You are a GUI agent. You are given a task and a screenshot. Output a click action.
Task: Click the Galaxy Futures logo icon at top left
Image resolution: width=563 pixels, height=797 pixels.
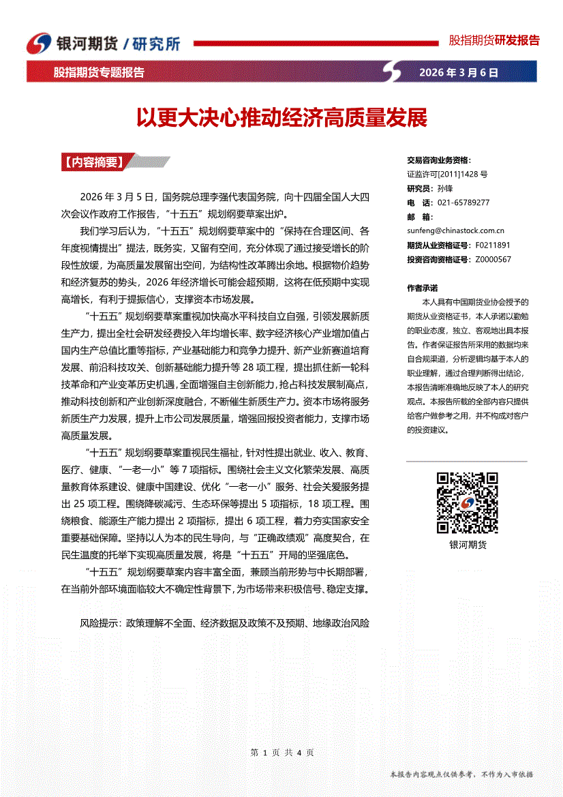click(x=38, y=43)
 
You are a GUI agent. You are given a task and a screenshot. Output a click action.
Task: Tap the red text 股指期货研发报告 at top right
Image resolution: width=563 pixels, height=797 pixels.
click(x=493, y=40)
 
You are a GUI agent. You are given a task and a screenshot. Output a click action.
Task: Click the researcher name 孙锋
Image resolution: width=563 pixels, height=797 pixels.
click(x=445, y=188)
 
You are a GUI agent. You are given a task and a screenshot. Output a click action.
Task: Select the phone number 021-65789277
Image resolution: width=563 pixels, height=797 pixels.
click(x=463, y=202)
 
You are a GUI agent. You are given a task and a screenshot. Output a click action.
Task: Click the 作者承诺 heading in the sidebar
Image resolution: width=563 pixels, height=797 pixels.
click(x=422, y=288)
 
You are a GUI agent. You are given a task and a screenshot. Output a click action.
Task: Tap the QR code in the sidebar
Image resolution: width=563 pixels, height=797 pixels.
click(x=467, y=503)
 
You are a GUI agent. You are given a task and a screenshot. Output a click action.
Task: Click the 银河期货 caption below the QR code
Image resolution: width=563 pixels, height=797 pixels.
click(x=468, y=545)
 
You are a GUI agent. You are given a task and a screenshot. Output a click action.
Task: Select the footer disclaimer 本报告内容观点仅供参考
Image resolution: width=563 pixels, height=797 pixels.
click(x=432, y=775)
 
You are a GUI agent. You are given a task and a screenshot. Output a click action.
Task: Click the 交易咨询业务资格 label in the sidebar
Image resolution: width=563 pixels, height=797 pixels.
click(x=438, y=160)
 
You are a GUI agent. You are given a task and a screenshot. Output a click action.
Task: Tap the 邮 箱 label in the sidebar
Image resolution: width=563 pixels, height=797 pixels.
click(x=419, y=217)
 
